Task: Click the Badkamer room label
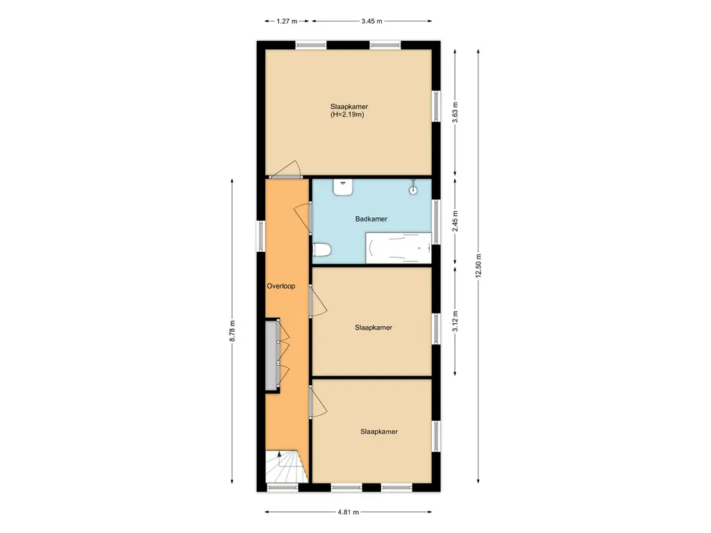371,219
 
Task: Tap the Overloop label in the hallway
281,286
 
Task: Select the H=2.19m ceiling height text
347,115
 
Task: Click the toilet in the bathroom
322,250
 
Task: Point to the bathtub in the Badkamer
399,248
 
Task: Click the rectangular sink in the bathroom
343,187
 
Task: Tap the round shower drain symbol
413,190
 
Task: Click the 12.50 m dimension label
478,266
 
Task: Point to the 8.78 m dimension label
232,331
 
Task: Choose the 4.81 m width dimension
349,512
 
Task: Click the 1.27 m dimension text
287,21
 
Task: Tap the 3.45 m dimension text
372,21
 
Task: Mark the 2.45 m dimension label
455,221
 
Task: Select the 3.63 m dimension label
455,112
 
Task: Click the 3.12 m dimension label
455,321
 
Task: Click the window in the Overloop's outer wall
261,236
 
